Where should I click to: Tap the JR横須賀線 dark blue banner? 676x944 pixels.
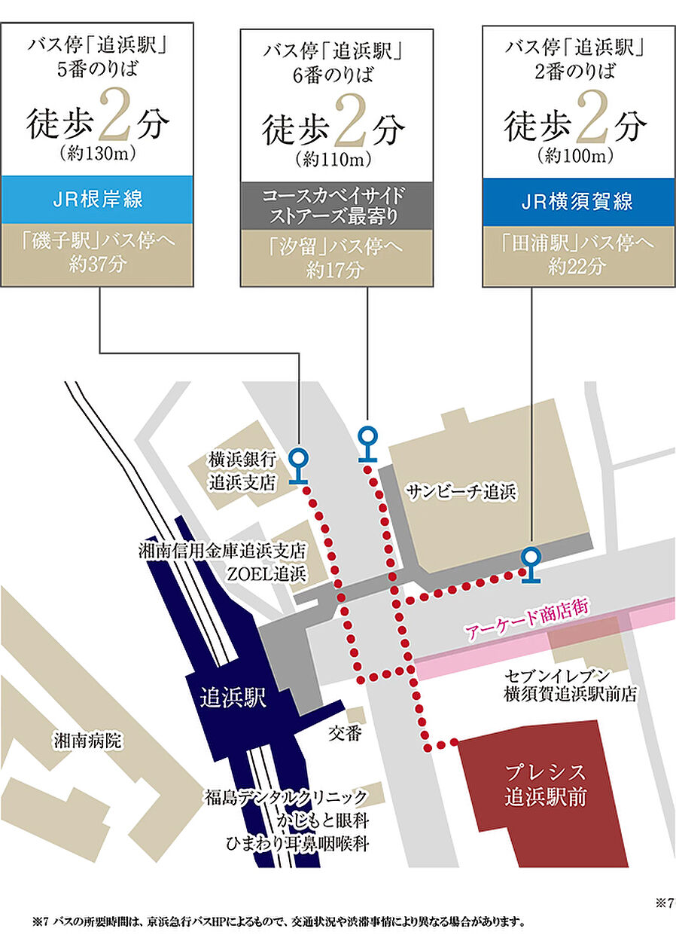pos(578,202)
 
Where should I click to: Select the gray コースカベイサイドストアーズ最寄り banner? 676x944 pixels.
pos(336,204)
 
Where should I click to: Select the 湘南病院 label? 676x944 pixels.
pos(87,741)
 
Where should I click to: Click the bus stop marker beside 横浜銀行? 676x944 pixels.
pos(299,464)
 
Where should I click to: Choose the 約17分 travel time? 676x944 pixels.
pos(336,269)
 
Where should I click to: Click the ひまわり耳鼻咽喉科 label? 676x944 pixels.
pos(297,843)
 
